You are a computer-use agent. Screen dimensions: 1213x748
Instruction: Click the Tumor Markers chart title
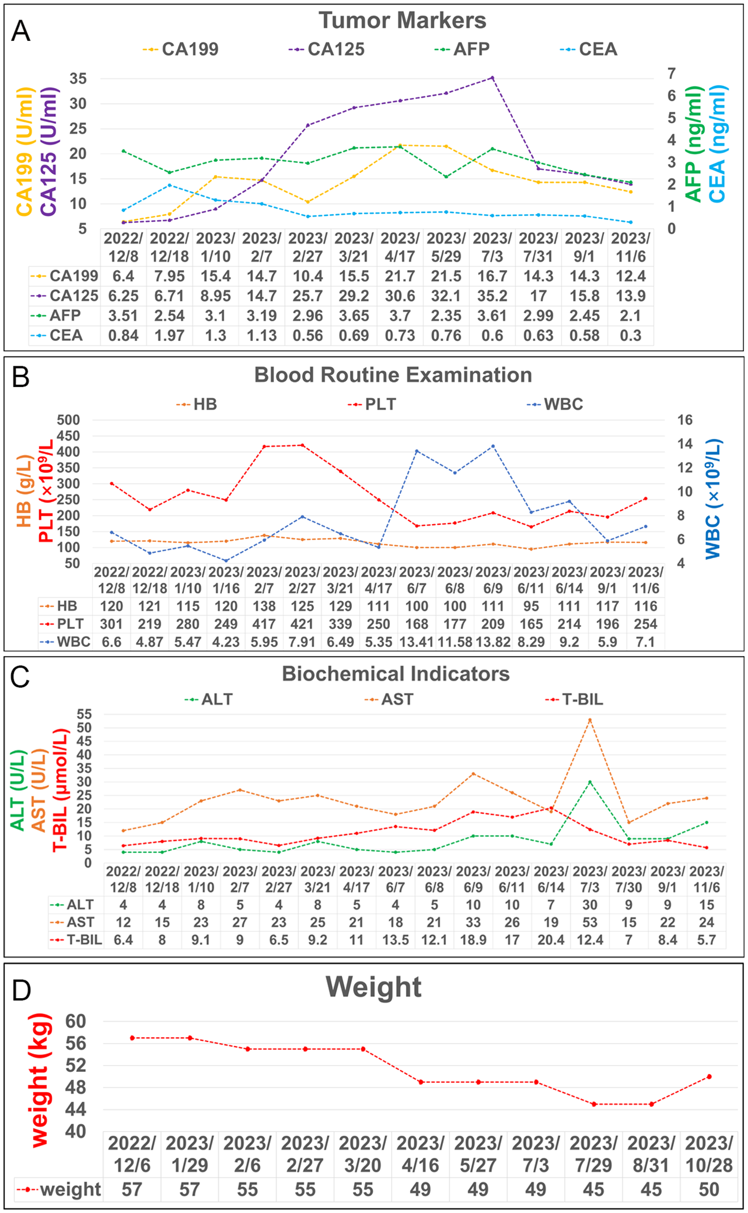click(x=403, y=21)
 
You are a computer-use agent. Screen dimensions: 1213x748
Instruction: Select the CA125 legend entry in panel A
click(x=335, y=49)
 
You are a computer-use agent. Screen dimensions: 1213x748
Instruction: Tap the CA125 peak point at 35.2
click(x=492, y=78)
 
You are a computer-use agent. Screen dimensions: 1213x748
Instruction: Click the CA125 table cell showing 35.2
click(x=492, y=296)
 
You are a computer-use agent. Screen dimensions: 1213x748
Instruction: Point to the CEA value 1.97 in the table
click(x=169, y=335)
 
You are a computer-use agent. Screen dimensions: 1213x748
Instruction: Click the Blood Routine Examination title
click(x=393, y=375)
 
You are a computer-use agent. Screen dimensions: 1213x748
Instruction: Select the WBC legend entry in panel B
click(x=563, y=404)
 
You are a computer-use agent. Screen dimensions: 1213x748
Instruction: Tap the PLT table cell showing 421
click(x=302, y=624)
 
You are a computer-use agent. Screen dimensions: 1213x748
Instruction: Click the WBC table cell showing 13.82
click(x=493, y=642)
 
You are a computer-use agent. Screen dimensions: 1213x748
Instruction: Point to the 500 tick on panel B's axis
click(x=68, y=420)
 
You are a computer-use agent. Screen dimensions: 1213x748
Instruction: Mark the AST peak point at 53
click(x=590, y=720)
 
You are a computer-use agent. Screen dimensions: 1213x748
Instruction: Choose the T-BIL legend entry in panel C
click(x=582, y=699)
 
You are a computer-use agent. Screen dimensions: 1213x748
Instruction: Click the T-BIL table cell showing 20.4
click(x=551, y=940)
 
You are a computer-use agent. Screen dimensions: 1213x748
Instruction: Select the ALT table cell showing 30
click(x=590, y=905)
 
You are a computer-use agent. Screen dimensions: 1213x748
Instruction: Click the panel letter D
click(x=21, y=990)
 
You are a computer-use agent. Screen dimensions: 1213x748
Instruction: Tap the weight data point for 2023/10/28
click(x=709, y=1076)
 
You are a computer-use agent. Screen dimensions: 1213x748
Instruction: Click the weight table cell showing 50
click(x=709, y=1189)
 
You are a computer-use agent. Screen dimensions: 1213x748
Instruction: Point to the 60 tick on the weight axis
click(x=75, y=1022)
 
